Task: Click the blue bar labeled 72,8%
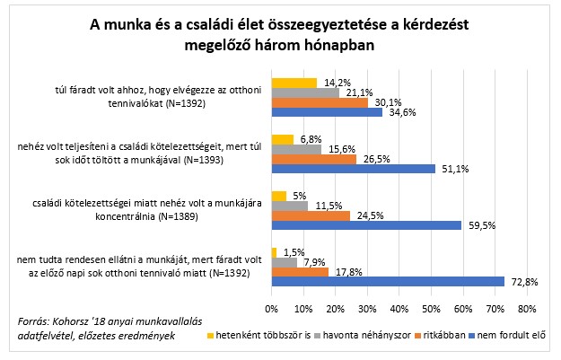point(387,281)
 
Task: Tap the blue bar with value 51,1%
point(352,168)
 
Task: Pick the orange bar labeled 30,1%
point(319,102)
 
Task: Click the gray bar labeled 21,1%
point(304,92)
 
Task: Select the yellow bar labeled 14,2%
point(294,83)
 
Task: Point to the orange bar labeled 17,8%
point(299,272)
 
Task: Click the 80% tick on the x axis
point(527,309)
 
